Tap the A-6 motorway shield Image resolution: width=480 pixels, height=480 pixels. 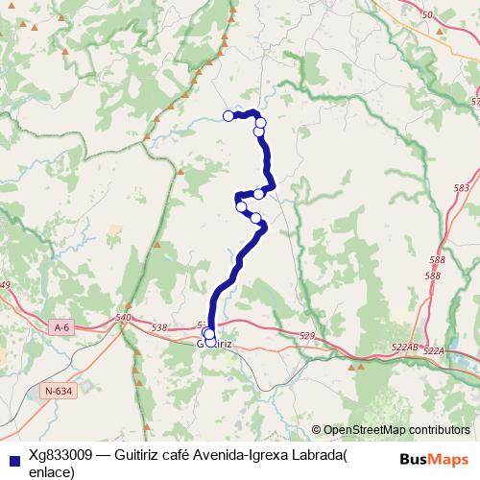(61, 327)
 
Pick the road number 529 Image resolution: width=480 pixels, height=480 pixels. (307, 335)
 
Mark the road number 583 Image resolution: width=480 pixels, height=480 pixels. (462, 188)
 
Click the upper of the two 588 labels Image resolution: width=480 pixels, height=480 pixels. (438, 260)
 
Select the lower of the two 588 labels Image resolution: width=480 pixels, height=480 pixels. (433, 276)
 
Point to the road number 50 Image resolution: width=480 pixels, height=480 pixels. (427, 13)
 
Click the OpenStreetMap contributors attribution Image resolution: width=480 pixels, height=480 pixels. (396, 429)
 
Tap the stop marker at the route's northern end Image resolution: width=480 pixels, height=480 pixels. (228, 116)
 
